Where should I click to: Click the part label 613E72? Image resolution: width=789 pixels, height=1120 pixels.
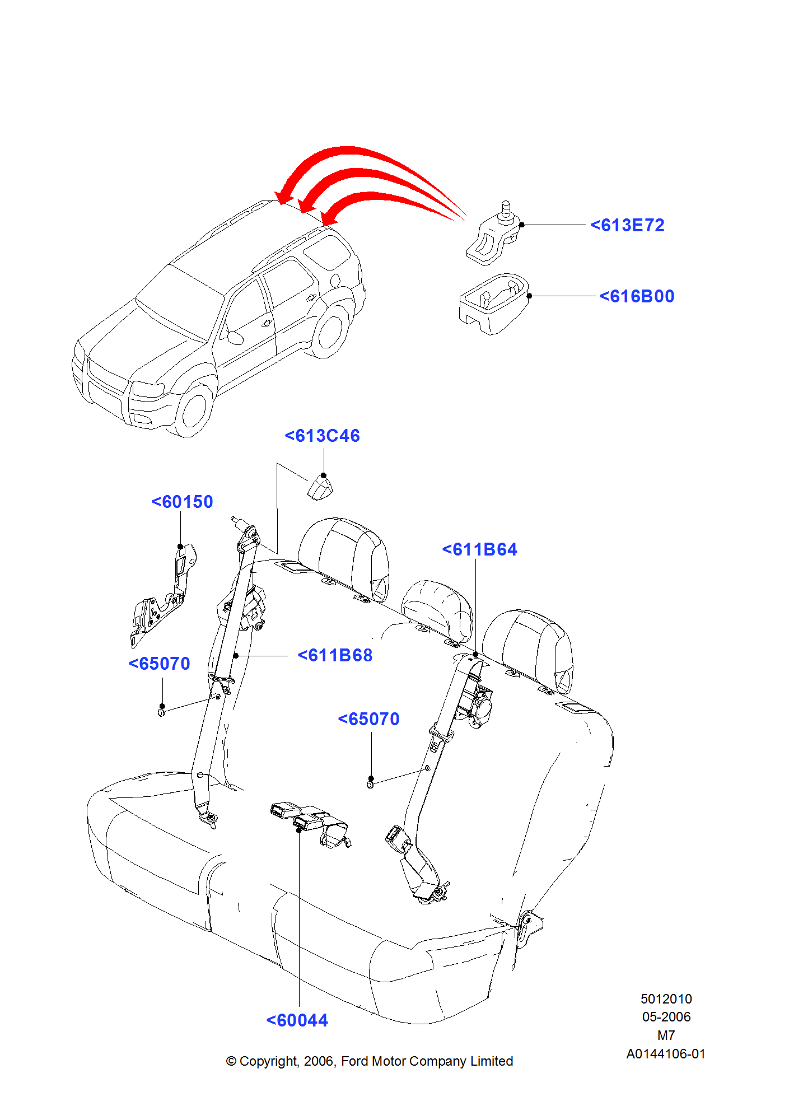coord(627,225)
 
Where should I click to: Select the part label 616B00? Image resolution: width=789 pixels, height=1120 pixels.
coord(637,296)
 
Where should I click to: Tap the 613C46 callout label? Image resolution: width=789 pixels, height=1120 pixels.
coord(322,436)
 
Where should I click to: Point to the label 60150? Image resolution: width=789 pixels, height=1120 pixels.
coord(182,502)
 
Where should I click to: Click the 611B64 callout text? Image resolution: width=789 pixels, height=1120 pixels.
coord(479,549)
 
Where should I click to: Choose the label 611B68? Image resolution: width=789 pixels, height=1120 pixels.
coord(335,655)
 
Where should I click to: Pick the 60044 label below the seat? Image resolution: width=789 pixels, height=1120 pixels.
coord(297,1020)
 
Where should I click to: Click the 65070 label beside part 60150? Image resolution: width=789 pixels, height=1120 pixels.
coord(160,664)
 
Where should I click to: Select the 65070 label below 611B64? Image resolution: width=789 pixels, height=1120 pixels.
coord(368,719)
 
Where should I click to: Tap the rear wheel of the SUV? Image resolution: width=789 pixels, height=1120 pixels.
coord(330,330)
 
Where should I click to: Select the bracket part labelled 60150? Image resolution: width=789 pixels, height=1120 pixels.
coord(163,596)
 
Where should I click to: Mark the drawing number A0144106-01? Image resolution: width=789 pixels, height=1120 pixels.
coord(666,1054)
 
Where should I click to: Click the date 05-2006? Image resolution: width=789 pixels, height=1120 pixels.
coord(666,1017)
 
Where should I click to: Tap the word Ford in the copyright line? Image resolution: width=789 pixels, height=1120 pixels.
coord(354,1061)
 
